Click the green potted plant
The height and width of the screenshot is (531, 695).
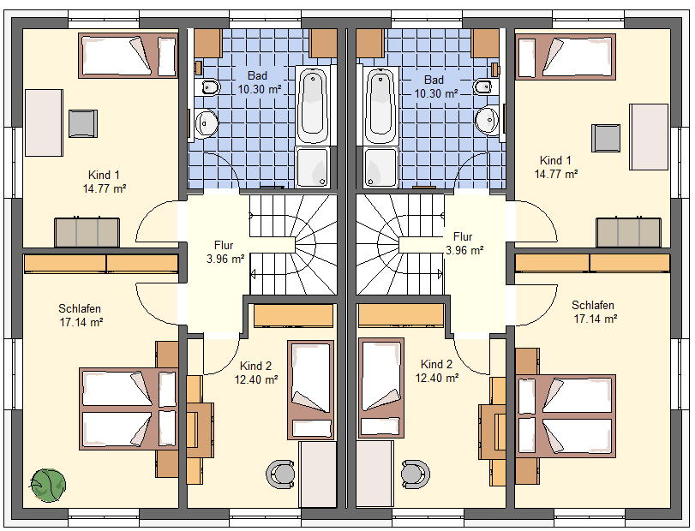pyautogui.click(x=48, y=486)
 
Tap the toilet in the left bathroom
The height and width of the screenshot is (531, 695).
pyautogui.click(x=209, y=87)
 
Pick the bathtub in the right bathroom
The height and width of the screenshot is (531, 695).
pyautogui.click(x=380, y=105)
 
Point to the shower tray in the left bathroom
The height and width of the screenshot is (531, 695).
pyautogui.click(x=313, y=167)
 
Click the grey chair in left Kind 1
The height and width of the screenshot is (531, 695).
pyautogui.click(x=83, y=123)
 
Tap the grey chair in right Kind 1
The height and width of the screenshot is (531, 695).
pyautogui.click(x=606, y=138)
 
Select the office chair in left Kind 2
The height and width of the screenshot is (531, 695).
pyautogui.click(x=280, y=474)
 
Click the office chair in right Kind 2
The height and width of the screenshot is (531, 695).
pyautogui.click(x=416, y=474)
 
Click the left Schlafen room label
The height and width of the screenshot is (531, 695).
pyautogui.click(x=80, y=308)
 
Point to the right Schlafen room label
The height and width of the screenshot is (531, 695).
pyautogui.click(x=593, y=305)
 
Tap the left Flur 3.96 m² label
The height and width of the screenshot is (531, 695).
pyautogui.click(x=225, y=252)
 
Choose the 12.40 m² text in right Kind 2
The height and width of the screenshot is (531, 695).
pyautogui.click(x=436, y=379)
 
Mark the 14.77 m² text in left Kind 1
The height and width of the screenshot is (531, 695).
pyautogui.click(x=105, y=189)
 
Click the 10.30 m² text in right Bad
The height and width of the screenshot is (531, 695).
pyautogui.click(x=435, y=94)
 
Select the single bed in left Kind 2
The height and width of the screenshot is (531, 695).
pyautogui.click(x=311, y=390)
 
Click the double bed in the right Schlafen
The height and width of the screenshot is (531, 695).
pyautogui.click(x=566, y=416)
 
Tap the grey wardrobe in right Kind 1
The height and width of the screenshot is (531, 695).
pyautogui.click(x=628, y=232)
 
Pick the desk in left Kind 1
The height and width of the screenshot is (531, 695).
pyautogui.click(x=44, y=122)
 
